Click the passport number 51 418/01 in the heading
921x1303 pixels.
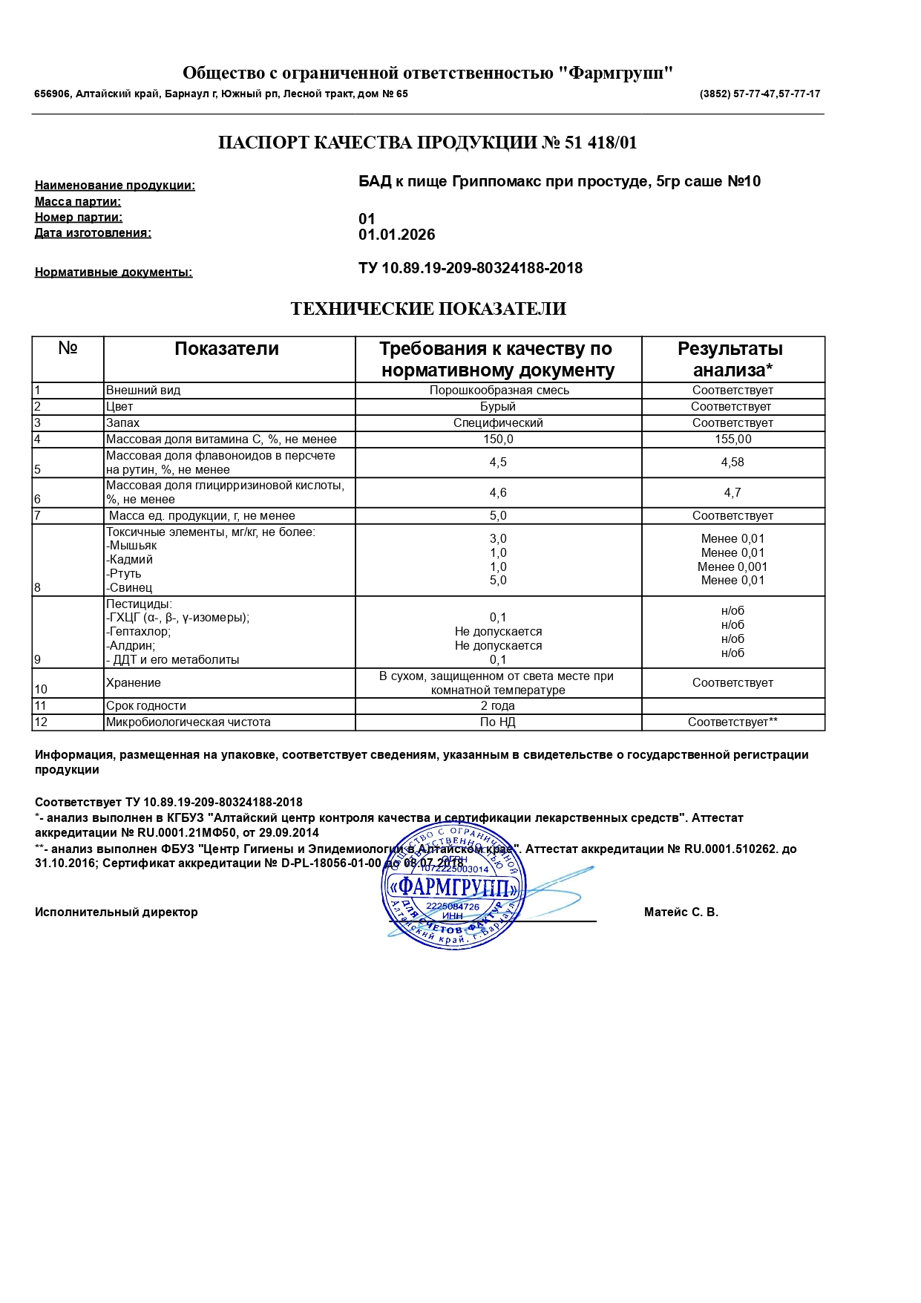(600, 143)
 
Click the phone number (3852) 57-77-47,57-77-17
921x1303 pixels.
(759, 94)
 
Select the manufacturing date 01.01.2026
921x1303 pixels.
(396, 235)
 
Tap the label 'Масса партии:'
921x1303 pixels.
(78, 202)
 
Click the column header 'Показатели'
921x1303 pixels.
(226, 349)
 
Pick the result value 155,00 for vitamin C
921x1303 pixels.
(732, 440)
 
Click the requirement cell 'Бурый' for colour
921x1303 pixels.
(497, 407)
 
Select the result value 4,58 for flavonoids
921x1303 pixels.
(732, 463)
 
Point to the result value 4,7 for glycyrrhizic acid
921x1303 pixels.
(732, 493)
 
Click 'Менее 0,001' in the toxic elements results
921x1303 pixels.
(732, 566)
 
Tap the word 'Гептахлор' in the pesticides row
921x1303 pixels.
(140, 632)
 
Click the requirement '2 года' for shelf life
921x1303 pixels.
(497, 706)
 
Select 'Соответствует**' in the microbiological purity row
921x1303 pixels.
(732, 722)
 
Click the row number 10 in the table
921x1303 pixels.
(41, 690)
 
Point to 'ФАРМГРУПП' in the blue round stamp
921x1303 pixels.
(453, 887)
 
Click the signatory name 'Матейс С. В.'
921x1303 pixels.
(681, 912)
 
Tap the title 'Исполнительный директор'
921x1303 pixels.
(117, 912)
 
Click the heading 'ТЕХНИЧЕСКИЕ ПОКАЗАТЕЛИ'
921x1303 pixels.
(428, 309)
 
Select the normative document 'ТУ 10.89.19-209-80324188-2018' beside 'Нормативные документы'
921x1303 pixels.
(471, 268)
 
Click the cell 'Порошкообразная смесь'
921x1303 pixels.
(499, 391)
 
